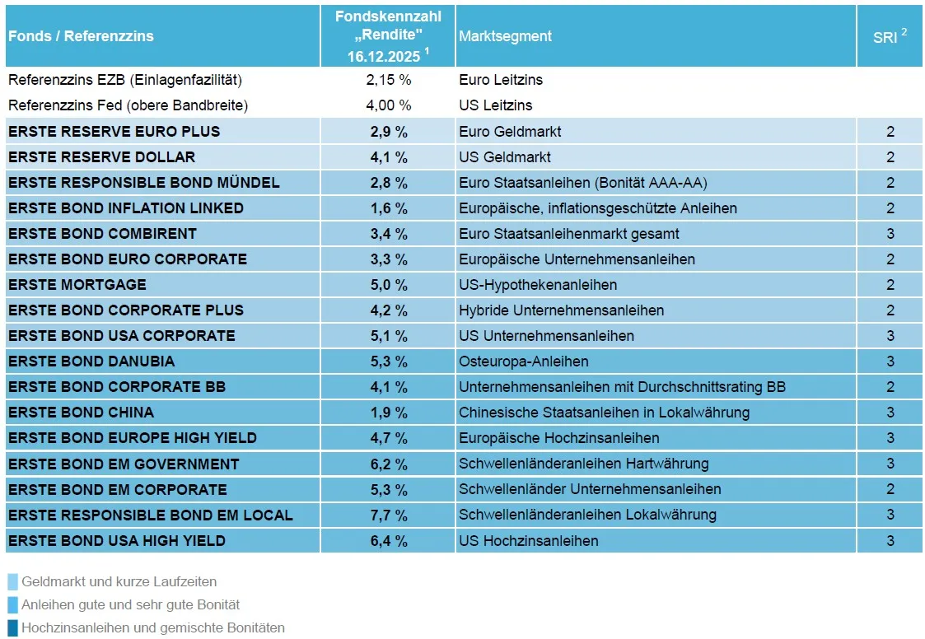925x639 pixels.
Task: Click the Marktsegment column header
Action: (x=505, y=36)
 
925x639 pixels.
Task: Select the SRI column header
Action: (x=889, y=36)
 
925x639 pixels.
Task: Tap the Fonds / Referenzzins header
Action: (x=81, y=36)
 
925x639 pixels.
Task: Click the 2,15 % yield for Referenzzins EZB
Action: (x=389, y=80)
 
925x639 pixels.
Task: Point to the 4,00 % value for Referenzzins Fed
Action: (x=389, y=105)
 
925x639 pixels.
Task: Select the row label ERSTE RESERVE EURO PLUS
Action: (x=114, y=132)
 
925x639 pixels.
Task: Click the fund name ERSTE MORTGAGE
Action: (x=77, y=285)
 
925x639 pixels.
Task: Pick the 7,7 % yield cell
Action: (x=389, y=515)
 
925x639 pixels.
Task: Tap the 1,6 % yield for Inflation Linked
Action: (x=389, y=208)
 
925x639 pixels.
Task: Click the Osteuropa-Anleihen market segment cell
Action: (x=523, y=361)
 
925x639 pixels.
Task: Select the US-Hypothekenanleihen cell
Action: (x=537, y=285)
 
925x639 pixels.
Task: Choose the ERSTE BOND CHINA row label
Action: (x=81, y=413)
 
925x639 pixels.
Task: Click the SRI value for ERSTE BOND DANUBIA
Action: (x=890, y=361)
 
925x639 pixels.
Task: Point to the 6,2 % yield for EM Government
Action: (x=389, y=464)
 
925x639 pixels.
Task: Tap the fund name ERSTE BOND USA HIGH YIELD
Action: (x=116, y=540)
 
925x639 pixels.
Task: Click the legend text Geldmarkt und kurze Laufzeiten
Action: (x=119, y=582)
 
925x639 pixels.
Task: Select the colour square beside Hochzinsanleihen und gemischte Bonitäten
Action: (x=12, y=627)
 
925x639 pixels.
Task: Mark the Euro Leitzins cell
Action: (x=500, y=80)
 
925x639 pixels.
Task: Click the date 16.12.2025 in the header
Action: (x=384, y=56)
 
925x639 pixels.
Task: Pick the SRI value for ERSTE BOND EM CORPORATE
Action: (x=890, y=489)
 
